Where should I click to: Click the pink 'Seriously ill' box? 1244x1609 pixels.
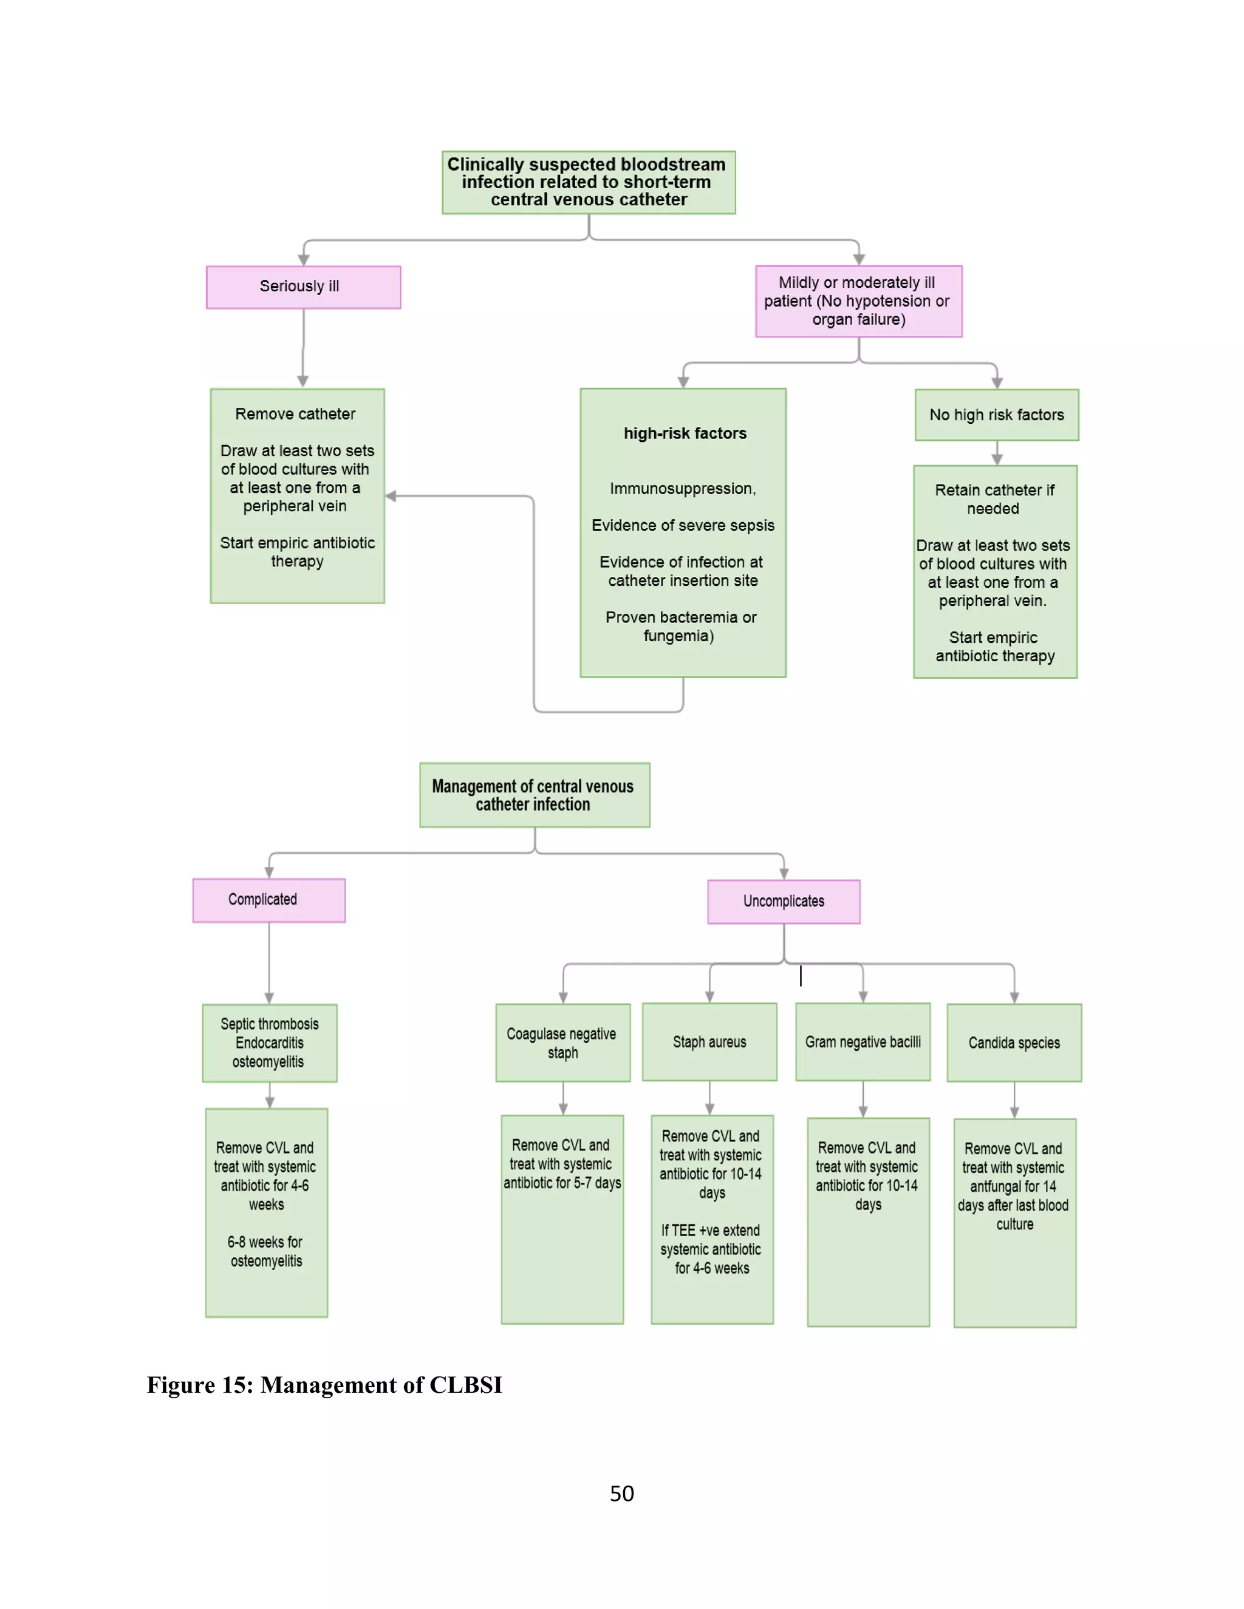[x=303, y=287]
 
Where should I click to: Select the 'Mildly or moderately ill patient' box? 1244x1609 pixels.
[x=858, y=301]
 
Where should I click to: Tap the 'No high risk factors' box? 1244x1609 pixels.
[x=996, y=415]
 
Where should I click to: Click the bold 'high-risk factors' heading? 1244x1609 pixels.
[x=685, y=433]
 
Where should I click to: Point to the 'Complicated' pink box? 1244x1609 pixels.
[x=268, y=900]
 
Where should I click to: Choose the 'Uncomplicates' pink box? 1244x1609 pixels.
[x=784, y=901]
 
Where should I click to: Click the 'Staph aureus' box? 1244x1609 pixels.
[x=709, y=1042]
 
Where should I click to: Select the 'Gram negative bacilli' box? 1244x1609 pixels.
[x=863, y=1042]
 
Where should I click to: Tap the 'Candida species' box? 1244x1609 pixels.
[x=1013, y=1043]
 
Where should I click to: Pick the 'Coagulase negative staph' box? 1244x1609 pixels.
[x=562, y=1043]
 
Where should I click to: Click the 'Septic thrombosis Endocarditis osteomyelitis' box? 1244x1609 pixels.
[x=269, y=1043]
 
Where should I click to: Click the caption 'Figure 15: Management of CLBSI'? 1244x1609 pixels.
[x=324, y=1384]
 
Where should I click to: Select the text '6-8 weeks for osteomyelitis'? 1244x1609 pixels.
[x=265, y=1251]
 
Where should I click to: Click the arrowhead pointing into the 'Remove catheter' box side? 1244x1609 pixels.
[x=391, y=497]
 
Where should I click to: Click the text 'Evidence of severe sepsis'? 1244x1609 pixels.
[x=682, y=525]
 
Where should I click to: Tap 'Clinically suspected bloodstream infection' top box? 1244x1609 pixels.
[x=588, y=182]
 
